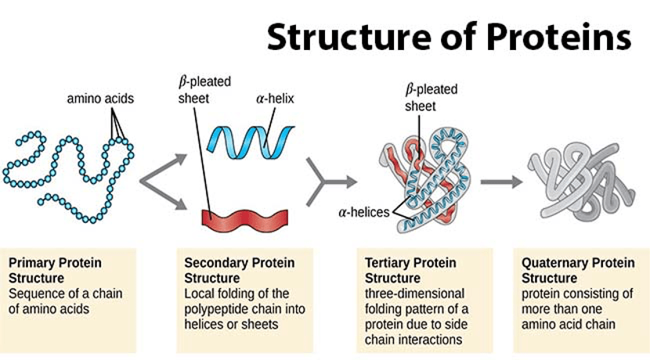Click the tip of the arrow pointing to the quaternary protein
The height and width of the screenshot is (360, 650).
coord(522,182)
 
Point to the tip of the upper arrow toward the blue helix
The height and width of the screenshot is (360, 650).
coord(187,156)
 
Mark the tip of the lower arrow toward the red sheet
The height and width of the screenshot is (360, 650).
coord(187,208)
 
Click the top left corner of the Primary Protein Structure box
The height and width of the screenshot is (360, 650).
coord(1,249)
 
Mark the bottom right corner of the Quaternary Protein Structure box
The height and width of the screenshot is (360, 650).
coord(649,353)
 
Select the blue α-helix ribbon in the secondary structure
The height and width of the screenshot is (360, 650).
coord(251,143)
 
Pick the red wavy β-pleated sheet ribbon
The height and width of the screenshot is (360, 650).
coord(244,221)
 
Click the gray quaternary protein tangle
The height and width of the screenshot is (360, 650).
coord(581,182)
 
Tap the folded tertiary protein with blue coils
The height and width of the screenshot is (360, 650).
coord(425,179)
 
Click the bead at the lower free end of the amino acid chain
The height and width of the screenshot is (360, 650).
coord(41,202)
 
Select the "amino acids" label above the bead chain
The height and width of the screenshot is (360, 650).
coord(100,99)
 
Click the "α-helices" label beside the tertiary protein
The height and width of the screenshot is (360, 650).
coord(364,212)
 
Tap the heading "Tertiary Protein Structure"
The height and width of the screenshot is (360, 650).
coord(410,270)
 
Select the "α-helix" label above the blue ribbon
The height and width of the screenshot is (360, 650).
coord(275,99)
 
